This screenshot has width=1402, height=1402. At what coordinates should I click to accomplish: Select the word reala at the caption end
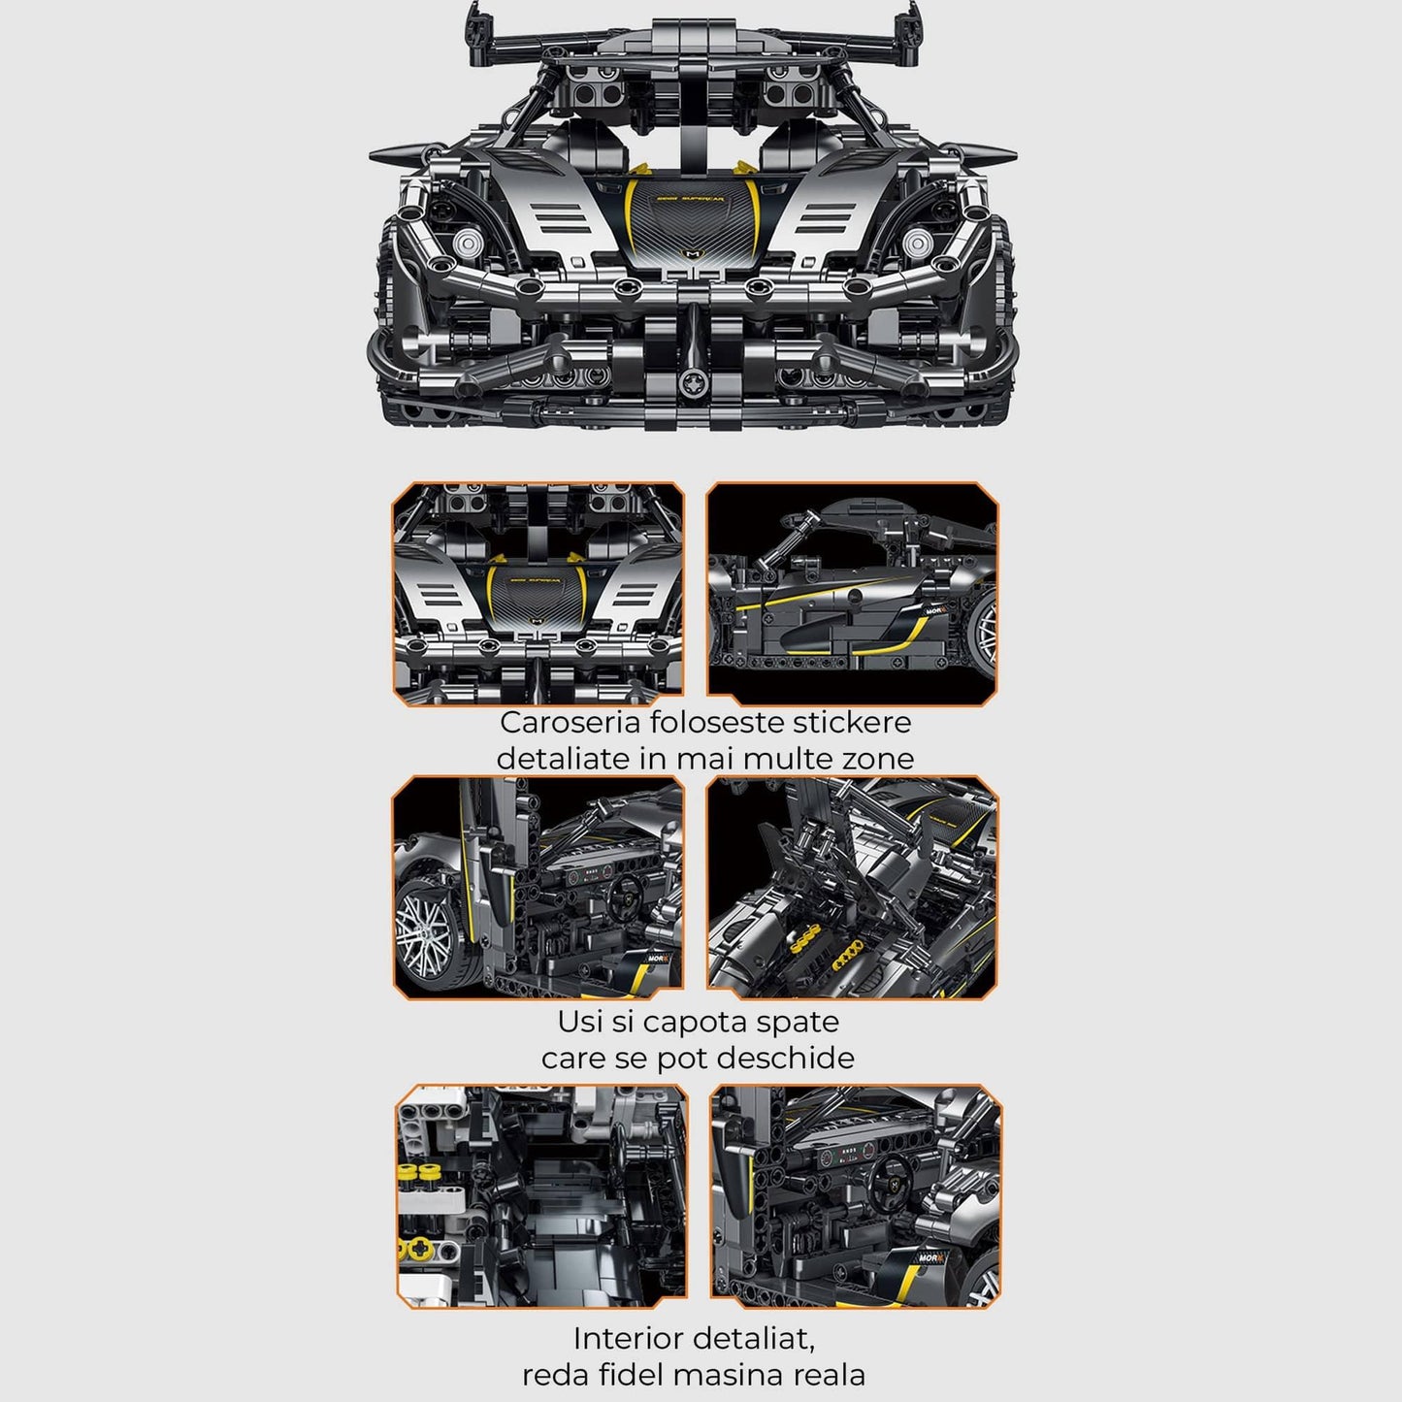[x=824, y=1375]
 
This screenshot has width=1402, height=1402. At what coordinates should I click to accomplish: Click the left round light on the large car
[x=468, y=243]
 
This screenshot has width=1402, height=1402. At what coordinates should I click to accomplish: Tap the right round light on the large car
[x=917, y=243]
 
